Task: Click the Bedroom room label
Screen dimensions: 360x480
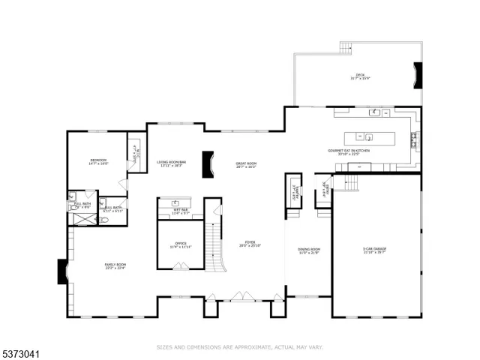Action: click(x=98, y=161)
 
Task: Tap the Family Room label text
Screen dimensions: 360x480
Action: click(x=115, y=265)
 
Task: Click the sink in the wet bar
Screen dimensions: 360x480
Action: click(x=174, y=203)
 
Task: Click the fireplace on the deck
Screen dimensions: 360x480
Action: click(x=418, y=75)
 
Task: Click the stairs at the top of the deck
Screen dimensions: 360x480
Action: click(x=346, y=47)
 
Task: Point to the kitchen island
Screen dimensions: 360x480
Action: click(x=369, y=137)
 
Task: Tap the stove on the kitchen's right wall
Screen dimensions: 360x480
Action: click(x=415, y=139)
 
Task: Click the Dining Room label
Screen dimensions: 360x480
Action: click(x=309, y=250)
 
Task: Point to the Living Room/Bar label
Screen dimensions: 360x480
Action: click(x=171, y=163)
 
